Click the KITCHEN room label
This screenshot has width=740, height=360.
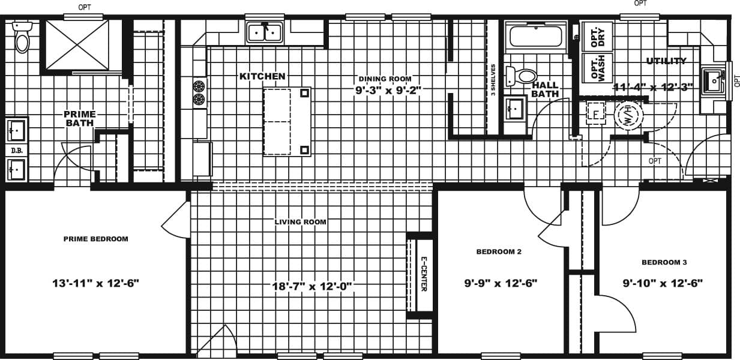(262, 76)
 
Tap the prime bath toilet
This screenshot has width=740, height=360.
(22, 40)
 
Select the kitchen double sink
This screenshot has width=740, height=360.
(264, 32)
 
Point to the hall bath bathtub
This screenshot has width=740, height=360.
(535, 37)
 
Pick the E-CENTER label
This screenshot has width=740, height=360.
(424, 274)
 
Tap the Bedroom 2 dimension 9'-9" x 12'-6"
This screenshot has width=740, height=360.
(500, 283)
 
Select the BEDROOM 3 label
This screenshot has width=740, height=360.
(664, 262)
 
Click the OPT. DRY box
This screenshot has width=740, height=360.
(597, 37)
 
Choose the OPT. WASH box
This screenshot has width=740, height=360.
(597, 68)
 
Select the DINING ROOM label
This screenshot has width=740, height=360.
(385, 79)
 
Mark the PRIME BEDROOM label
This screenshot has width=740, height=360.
(96, 239)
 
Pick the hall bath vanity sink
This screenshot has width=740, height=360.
(515, 109)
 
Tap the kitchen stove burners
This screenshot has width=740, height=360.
(199, 92)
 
